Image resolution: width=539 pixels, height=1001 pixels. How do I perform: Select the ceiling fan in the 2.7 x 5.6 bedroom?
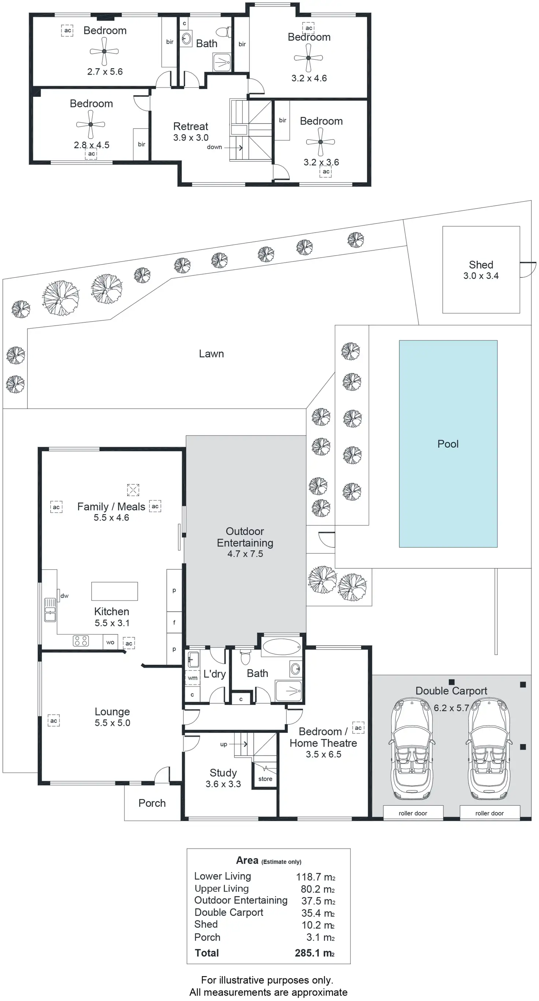(x=104, y=51)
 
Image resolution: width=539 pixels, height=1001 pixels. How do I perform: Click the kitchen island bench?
(x=114, y=591)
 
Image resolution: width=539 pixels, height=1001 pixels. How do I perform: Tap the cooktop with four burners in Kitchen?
(x=81, y=641)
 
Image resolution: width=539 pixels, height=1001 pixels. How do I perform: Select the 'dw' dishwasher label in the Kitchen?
(x=64, y=596)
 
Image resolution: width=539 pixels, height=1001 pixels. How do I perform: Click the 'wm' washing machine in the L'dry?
(x=193, y=678)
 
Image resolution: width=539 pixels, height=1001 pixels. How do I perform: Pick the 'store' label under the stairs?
(x=265, y=779)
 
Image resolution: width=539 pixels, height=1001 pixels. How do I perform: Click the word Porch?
(x=152, y=803)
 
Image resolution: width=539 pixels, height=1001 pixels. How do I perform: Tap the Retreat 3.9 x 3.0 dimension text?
(x=191, y=137)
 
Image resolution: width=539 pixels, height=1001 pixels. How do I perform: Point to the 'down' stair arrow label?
(x=214, y=147)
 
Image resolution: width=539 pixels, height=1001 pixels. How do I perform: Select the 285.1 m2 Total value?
(x=315, y=953)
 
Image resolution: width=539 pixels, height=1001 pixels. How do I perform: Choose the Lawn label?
(x=211, y=354)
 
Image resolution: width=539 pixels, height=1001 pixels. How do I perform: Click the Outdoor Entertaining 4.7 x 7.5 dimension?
(x=245, y=554)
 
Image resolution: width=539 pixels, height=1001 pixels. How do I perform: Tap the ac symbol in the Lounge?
(x=53, y=720)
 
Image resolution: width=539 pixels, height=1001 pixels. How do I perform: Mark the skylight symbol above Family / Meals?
(x=133, y=490)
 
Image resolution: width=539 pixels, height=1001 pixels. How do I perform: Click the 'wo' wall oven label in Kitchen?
(x=110, y=642)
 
